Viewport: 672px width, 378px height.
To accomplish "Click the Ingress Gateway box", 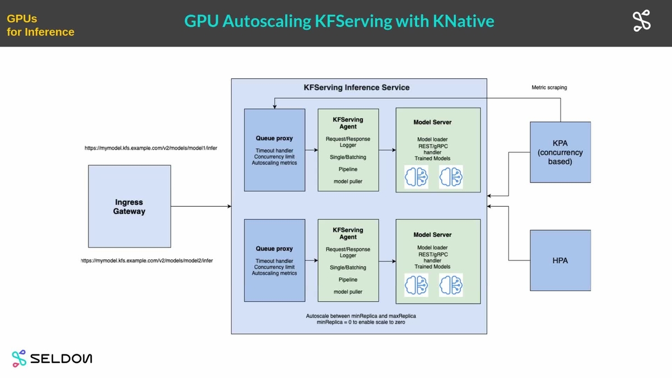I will [x=129, y=206].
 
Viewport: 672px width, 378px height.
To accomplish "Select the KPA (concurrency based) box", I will [x=560, y=152].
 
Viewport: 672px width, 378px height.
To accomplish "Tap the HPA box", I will [x=560, y=260].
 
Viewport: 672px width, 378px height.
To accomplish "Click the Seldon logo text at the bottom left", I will [x=62, y=358].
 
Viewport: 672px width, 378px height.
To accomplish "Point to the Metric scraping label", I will [x=549, y=87].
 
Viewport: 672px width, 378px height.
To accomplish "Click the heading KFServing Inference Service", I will [x=356, y=87].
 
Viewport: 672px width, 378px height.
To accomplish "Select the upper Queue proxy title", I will [x=274, y=138].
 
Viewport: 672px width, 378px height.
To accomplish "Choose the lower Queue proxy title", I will [x=274, y=249].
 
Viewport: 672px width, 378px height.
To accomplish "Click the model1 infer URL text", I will [x=151, y=148].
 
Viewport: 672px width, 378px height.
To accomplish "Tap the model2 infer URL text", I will [x=147, y=260].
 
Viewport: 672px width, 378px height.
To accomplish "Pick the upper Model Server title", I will [x=432, y=122].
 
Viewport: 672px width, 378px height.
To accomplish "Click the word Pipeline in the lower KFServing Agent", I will [x=348, y=279].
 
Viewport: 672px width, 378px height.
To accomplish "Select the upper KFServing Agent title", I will [x=348, y=123].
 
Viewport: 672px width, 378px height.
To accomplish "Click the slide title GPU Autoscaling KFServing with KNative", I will [x=339, y=21].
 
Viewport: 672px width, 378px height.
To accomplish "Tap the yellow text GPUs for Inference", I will [x=40, y=25].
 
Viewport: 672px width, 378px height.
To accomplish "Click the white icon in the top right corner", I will [x=641, y=21].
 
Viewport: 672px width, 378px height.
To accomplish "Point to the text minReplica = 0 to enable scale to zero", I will [x=361, y=323].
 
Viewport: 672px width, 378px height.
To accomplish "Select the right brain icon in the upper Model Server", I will [x=451, y=176].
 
